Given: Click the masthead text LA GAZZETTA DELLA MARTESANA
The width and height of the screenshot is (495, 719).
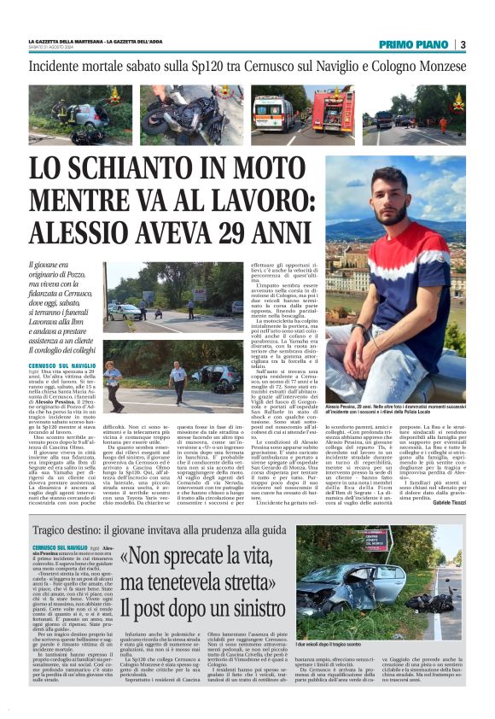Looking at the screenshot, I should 67,42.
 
